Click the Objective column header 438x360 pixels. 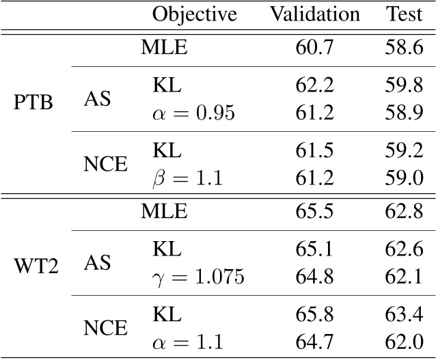194,14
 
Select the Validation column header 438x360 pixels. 314,14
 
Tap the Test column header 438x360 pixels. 404,14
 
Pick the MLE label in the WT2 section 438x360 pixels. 164,211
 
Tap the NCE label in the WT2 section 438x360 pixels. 105,328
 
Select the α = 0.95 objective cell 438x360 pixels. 193,113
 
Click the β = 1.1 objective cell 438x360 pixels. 189,180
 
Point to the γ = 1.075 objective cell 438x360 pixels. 197,277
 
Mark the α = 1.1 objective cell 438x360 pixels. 188,342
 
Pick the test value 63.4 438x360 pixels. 403,315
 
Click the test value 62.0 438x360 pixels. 403,342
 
